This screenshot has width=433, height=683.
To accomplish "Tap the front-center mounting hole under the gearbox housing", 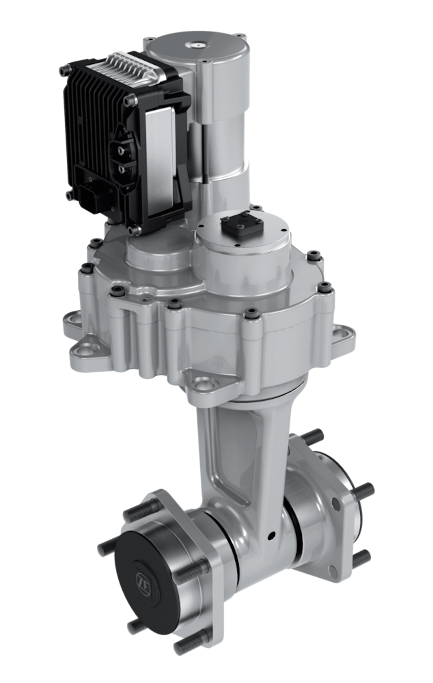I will coord(205,382).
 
